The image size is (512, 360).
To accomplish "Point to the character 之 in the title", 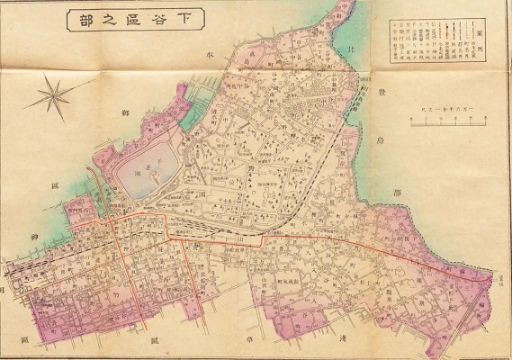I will point(105,18).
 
